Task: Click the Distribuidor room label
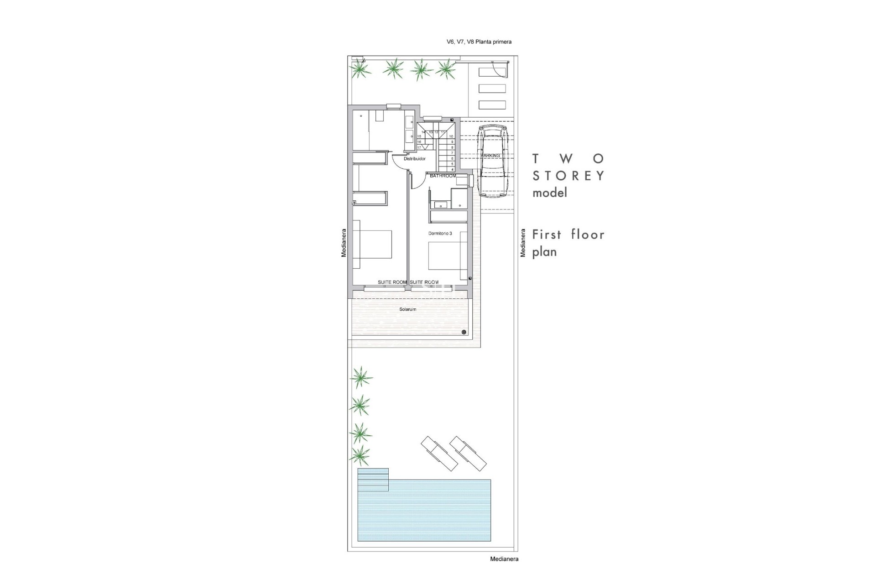click(x=414, y=159)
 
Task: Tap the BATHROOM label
click(x=443, y=176)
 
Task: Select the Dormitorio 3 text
click(x=440, y=233)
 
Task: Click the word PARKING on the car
click(x=490, y=156)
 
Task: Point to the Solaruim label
click(x=407, y=309)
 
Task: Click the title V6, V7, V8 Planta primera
click(x=479, y=42)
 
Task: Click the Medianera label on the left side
click(x=344, y=243)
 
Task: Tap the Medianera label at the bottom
click(x=504, y=559)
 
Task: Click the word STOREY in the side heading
click(x=568, y=176)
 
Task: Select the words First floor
click(x=568, y=235)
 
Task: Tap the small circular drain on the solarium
click(x=464, y=332)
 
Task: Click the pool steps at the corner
click(x=373, y=479)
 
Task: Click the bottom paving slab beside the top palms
click(x=492, y=105)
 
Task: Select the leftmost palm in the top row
click(x=360, y=69)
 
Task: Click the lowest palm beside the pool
click(x=360, y=454)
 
